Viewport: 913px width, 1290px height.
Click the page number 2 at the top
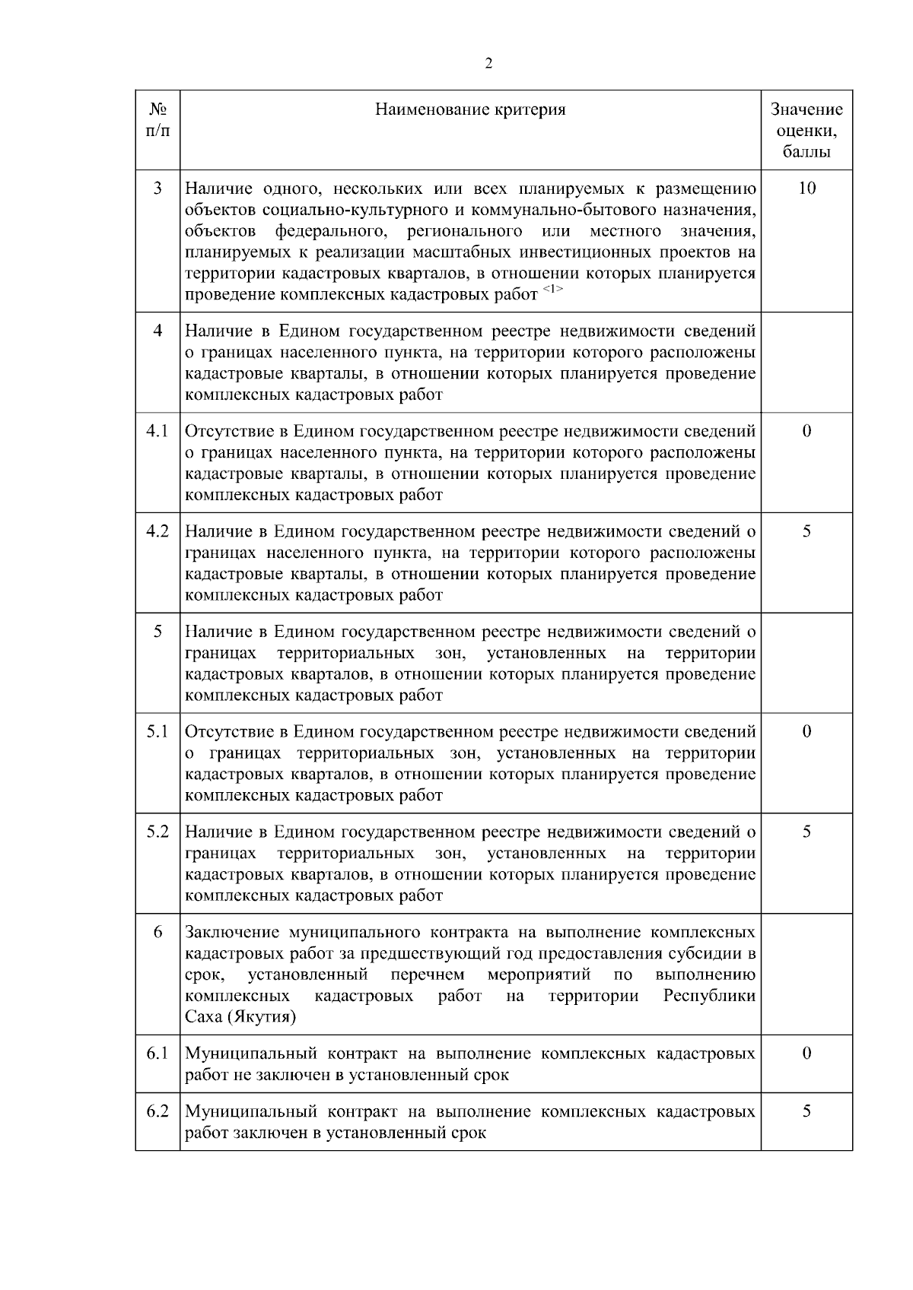click(488, 64)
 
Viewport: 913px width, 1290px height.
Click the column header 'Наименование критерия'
click(470, 109)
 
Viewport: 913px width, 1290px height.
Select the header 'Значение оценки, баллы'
click(806, 130)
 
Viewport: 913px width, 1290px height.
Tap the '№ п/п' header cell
click(157, 120)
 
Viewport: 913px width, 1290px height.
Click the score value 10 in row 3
click(806, 188)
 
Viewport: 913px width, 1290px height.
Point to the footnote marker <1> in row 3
click(552, 290)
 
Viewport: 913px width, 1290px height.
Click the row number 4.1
click(157, 431)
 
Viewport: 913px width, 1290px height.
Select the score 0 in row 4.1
click(806, 431)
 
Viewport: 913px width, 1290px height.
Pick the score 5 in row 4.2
click(806, 531)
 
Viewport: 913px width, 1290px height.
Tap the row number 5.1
click(157, 731)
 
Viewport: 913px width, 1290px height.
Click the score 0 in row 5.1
click(806, 731)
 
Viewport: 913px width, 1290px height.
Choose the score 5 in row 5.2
click(806, 832)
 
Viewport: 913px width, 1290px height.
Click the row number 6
click(157, 932)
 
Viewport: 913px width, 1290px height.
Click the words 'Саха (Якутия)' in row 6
click(240, 1017)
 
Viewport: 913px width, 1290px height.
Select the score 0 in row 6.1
click(806, 1054)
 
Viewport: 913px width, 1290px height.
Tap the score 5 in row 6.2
click(806, 1111)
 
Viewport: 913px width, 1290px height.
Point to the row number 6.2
click(157, 1111)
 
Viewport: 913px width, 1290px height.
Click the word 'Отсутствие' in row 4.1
click(224, 432)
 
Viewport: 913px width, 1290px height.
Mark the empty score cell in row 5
click(806, 662)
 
